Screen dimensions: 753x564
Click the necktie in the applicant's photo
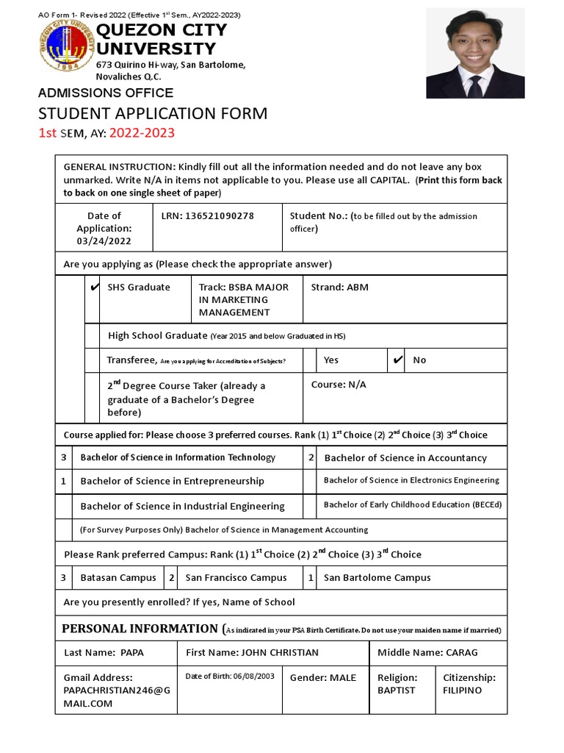click(475, 85)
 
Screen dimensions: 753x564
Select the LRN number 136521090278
click(220, 215)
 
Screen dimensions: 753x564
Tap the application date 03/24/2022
click(104, 241)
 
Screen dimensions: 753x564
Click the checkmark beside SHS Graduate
click(93, 288)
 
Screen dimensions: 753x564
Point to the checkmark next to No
click(397, 360)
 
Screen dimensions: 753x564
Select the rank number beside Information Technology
click(64, 457)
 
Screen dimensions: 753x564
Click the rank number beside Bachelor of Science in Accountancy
click(311, 457)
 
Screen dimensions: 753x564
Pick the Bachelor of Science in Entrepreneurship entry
click(172, 481)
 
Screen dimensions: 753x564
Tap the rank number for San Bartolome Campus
click(311, 577)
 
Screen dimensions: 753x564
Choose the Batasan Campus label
click(117, 577)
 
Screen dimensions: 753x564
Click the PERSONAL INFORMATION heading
click(140, 629)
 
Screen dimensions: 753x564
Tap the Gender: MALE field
click(323, 677)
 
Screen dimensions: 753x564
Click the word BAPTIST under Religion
click(396, 690)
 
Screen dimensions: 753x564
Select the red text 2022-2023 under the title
click(142, 133)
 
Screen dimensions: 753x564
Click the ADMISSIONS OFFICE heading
click(106, 93)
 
